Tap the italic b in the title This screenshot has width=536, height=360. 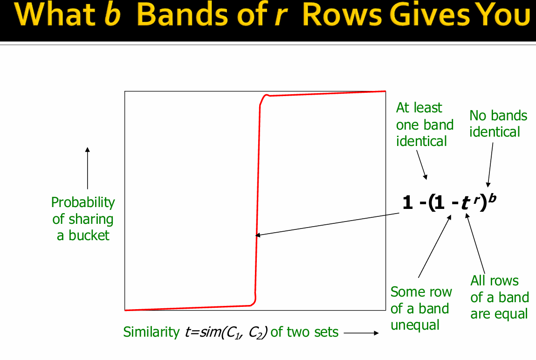[113, 16]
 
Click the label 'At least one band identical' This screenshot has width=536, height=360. [424, 125]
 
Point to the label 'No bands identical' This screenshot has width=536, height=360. [498, 124]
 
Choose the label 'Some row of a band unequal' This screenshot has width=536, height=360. [421, 308]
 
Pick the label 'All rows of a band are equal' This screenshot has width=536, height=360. [499, 297]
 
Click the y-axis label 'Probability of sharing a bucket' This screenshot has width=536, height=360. [83, 219]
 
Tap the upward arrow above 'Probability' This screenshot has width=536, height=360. [87, 168]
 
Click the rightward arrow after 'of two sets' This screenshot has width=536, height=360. [361, 333]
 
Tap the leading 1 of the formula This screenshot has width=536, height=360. [407, 204]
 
